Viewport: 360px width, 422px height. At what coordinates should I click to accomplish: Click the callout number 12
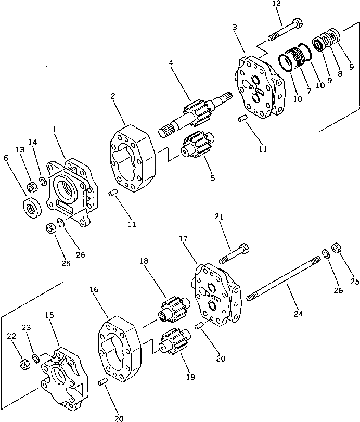(x=276, y=4)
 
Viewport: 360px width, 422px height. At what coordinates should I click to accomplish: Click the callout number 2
(x=113, y=96)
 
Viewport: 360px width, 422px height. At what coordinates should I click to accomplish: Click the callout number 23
(x=26, y=327)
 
